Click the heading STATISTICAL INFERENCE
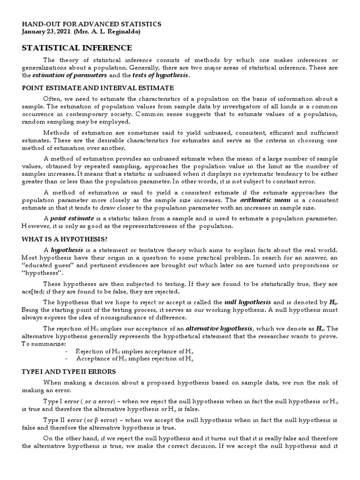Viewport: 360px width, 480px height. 77,48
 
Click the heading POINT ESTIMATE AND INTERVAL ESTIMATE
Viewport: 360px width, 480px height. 98,88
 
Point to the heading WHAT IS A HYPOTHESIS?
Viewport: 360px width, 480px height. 71,239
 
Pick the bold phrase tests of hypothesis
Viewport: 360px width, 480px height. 160,75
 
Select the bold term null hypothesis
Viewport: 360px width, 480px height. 248,302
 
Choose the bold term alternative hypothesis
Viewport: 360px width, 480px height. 220,329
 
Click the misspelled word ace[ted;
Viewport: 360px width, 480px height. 33,292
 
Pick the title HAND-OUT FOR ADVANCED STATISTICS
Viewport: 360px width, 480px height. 92,24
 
